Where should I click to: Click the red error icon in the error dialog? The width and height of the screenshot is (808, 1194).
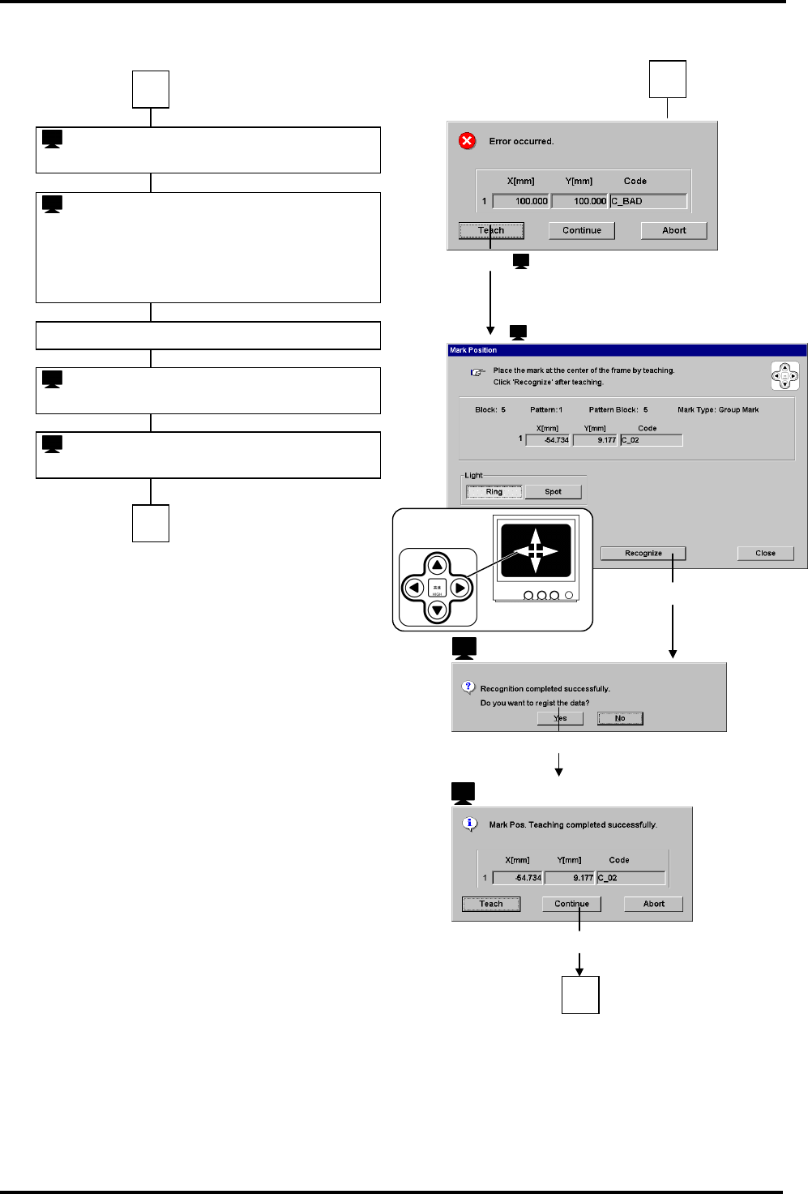(x=468, y=141)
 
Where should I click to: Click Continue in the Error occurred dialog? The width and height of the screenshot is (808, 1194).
(x=582, y=230)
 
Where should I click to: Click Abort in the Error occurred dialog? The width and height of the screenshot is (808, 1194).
(x=673, y=230)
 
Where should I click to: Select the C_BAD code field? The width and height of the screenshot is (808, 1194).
(x=648, y=201)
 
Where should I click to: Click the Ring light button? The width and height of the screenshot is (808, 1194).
(x=494, y=491)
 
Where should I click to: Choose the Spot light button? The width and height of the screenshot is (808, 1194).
(x=553, y=491)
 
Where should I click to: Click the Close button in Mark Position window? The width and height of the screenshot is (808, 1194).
(x=765, y=553)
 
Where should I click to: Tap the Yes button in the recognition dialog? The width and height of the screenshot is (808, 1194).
(x=560, y=718)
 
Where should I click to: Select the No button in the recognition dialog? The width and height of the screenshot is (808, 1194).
(x=620, y=718)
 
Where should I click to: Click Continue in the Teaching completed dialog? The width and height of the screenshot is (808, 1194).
(x=571, y=904)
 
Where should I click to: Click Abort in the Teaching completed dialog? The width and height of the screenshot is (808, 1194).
(x=653, y=904)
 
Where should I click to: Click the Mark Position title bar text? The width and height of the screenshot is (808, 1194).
(x=473, y=350)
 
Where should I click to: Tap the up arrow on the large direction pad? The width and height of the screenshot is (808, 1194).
(x=438, y=565)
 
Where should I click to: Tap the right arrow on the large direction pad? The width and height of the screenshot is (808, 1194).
(x=460, y=588)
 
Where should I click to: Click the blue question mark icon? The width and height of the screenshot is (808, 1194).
(x=468, y=687)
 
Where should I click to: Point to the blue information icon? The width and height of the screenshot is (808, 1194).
(x=469, y=824)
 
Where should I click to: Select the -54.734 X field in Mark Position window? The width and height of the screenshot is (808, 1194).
(x=549, y=440)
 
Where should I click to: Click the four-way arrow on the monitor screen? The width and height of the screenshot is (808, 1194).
(x=535, y=550)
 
